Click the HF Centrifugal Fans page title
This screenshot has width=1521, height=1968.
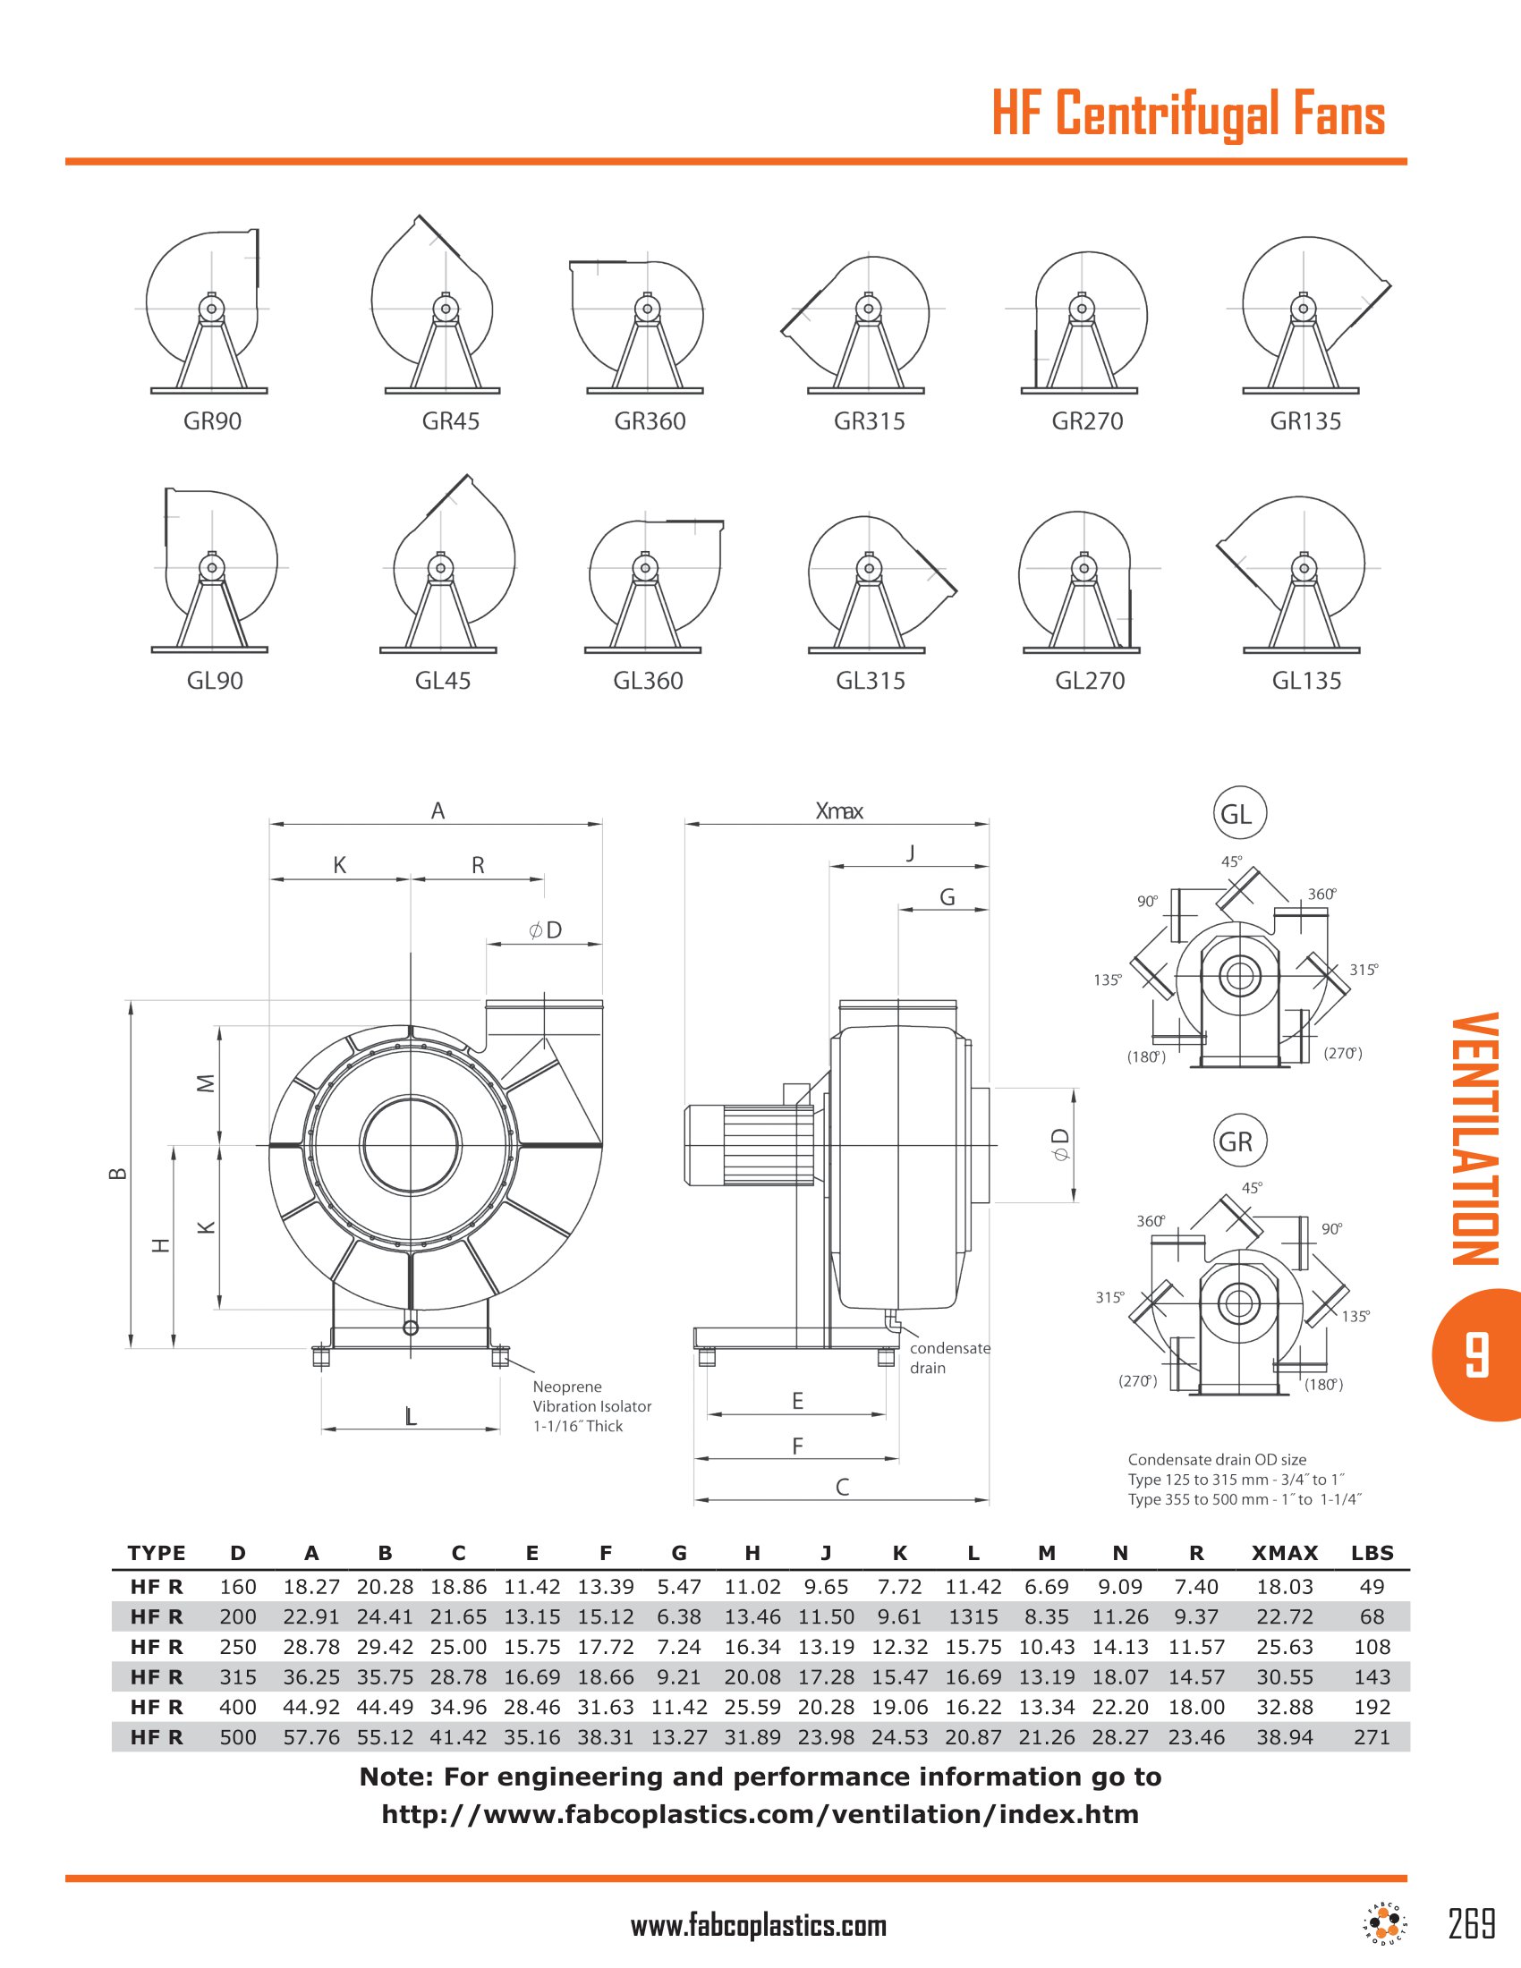tap(1187, 115)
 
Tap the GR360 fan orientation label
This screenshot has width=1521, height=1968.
tap(650, 421)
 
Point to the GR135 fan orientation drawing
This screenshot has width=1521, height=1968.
tap(1304, 316)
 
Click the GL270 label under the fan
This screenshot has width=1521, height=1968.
tap(1090, 682)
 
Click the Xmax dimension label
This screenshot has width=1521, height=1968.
tap(839, 811)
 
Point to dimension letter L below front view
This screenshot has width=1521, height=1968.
tap(411, 1418)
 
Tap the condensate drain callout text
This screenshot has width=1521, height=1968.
tap(948, 1358)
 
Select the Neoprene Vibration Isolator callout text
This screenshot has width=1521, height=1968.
tap(591, 1405)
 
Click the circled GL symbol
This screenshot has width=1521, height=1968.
tap(1239, 813)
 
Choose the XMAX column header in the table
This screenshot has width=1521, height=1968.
tap(1284, 1553)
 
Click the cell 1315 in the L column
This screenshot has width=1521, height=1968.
tap(973, 1616)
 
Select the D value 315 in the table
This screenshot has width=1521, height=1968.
tap(238, 1677)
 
